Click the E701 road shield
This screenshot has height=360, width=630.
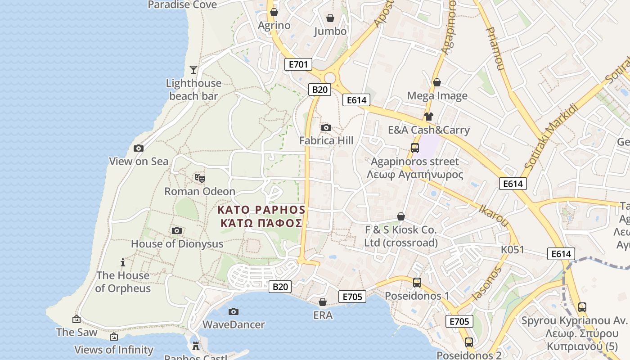click(298, 64)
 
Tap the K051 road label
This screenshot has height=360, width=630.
click(513, 249)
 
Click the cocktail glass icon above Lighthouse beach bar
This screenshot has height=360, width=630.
click(193, 70)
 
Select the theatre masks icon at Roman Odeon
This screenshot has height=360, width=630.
click(200, 178)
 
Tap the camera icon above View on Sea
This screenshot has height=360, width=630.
click(139, 148)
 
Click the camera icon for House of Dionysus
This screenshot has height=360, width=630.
click(177, 231)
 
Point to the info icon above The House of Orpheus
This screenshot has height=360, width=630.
click(123, 262)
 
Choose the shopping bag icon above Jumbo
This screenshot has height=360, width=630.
click(330, 18)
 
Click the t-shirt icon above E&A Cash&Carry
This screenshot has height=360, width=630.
click(428, 117)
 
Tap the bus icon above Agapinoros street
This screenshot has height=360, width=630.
click(415, 148)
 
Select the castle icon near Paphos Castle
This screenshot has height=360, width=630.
click(195, 346)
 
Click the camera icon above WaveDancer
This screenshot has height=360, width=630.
click(233, 311)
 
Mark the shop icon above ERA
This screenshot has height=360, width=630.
click(323, 302)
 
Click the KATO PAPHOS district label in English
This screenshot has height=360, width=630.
click(261, 210)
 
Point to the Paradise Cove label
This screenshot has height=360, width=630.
click(182, 5)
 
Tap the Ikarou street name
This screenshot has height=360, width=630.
click(494, 216)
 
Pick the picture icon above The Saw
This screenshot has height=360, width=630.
click(76, 319)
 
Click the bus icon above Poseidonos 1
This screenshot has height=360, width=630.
click(417, 283)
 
